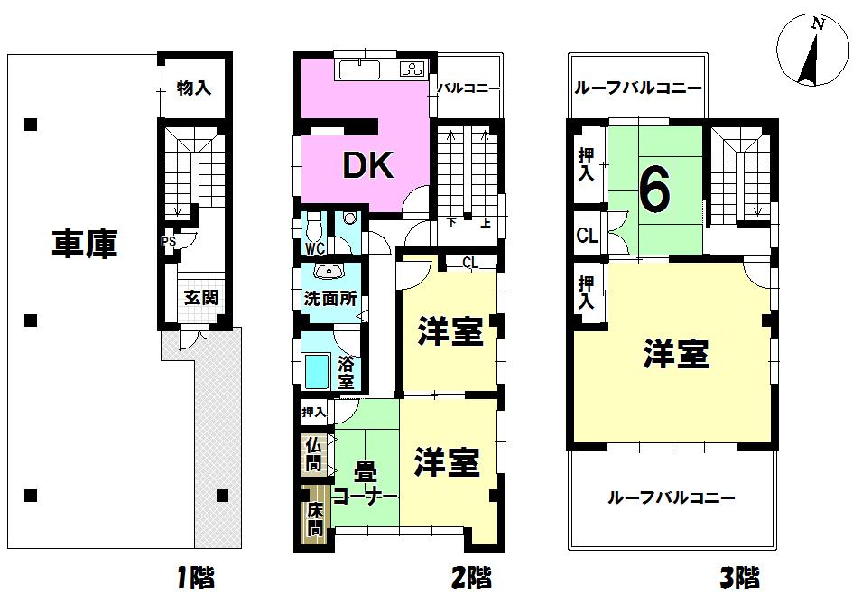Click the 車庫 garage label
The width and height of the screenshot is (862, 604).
pyautogui.click(x=84, y=245)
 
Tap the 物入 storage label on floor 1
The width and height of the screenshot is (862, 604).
pyautogui.click(x=193, y=88)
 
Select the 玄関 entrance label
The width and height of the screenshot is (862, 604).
pyautogui.click(x=200, y=297)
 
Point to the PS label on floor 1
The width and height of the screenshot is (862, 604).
pyautogui.click(x=168, y=242)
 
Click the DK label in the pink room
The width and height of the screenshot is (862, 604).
pyautogui.click(x=366, y=164)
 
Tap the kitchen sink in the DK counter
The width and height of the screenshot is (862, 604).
pyautogui.click(x=361, y=70)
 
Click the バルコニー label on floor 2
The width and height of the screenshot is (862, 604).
pyautogui.click(x=468, y=88)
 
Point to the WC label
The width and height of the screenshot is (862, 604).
pyautogui.click(x=314, y=248)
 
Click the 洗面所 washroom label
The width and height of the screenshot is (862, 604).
pyautogui.click(x=329, y=299)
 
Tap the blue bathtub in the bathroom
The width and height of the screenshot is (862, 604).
pyautogui.click(x=316, y=371)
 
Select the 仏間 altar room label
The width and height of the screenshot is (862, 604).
pyautogui.click(x=313, y=454)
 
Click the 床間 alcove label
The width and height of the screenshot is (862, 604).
pyautogui.click(x=314, y=519)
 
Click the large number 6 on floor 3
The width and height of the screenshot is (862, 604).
pyautogui.click(x=654, y=189)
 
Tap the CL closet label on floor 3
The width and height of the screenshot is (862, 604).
pyautogui.click(x=588, y=237)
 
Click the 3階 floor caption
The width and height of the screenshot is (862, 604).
pyautogui.click(x=739, y=576)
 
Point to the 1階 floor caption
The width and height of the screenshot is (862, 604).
pyautogui.click(x=195, y=576)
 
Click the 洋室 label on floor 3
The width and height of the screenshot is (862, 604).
pyautogui.click(x=675, y=355)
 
